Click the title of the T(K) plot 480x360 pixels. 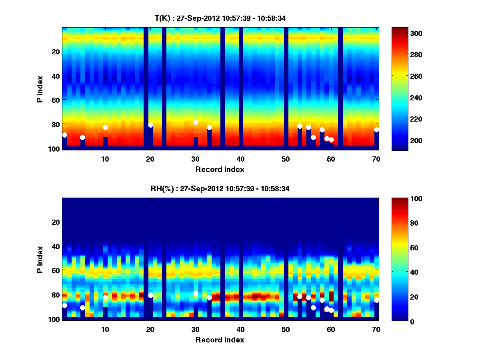(220, 18)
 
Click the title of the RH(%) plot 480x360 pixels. (220, 189)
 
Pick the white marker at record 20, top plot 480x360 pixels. (150, 125)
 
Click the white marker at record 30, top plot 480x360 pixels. (196, 122)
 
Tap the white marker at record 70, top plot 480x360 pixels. (376, 130)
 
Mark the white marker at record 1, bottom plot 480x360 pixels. (65, 305)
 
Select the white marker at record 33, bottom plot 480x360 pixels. (209, 298)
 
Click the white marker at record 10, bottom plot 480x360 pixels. (105, 298)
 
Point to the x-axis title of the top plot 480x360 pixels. (220, 169)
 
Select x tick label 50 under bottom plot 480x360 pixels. (286, 329)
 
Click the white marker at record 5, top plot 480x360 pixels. (82, 137)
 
